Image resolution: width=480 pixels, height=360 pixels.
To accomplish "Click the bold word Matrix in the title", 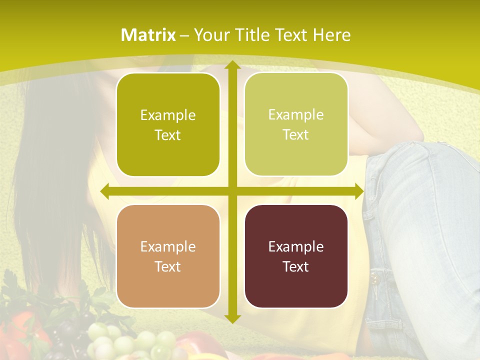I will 148,35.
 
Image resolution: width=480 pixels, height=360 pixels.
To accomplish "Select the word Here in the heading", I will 332,35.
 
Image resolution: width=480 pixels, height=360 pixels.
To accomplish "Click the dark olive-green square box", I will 168,125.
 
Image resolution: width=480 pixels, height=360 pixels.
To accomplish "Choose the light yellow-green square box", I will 296,124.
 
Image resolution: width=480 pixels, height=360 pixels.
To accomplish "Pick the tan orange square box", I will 168,256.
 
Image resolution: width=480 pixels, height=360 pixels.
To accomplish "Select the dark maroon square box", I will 296,256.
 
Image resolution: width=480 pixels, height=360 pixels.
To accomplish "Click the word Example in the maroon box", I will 296,246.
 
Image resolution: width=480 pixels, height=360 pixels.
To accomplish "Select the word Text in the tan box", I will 168,266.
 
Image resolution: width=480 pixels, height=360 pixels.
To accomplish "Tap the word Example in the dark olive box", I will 168,115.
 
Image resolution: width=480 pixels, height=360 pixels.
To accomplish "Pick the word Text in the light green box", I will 296,135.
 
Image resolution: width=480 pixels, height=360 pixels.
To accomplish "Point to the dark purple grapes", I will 70,332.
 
